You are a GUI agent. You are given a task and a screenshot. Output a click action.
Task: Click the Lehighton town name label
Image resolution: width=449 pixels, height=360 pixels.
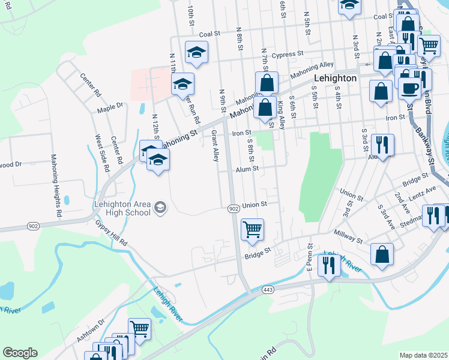336,79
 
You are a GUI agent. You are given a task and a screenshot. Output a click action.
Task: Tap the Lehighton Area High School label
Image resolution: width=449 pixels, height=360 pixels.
122,208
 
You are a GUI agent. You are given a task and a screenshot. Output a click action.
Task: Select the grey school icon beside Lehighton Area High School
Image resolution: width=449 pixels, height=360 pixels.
160,208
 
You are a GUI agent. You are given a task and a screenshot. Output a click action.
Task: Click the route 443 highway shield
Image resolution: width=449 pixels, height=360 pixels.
268,290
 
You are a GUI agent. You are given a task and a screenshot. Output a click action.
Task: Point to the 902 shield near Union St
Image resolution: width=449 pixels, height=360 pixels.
234,208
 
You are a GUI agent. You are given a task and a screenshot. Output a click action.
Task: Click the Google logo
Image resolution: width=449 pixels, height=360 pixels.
20,353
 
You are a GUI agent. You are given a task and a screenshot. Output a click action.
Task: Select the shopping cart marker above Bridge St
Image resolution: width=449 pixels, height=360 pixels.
252,229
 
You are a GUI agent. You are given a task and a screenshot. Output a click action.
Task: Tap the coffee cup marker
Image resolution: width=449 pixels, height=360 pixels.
409,88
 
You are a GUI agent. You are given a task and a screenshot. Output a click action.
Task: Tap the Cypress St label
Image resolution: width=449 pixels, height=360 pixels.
288,55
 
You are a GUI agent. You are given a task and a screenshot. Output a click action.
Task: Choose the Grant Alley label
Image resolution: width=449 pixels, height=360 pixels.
214,146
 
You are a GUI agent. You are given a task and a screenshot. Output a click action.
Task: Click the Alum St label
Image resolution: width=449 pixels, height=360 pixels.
247,169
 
